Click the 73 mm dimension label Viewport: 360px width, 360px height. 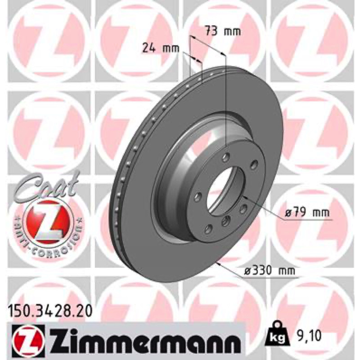223,31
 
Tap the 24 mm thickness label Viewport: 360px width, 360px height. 161,48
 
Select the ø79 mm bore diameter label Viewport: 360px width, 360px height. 307,213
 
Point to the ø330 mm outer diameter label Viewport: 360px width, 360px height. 270,271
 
